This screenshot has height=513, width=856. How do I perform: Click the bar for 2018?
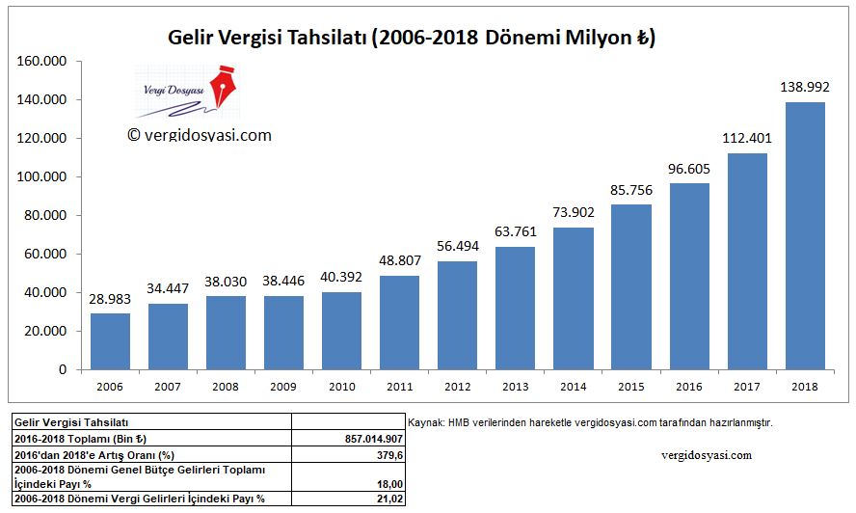(x=806, y=236)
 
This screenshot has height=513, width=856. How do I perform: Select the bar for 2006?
(x=110, y=341)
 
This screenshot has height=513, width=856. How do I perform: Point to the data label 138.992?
(x=806, y=87)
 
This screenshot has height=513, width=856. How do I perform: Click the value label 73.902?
(x=574, y=212)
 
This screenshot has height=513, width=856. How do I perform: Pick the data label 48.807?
(x=400, y=260)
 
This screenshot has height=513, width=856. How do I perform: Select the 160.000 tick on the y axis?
(x=40, y=62)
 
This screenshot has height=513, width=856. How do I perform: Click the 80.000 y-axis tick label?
(x=43, y=216)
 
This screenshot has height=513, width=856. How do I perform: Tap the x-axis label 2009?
(x=283, y=386)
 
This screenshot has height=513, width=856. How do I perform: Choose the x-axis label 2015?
(x=631, y=386)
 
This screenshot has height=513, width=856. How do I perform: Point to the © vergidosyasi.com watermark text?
(x=200, y=135)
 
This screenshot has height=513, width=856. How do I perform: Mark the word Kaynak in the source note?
(x=425, y=422)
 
